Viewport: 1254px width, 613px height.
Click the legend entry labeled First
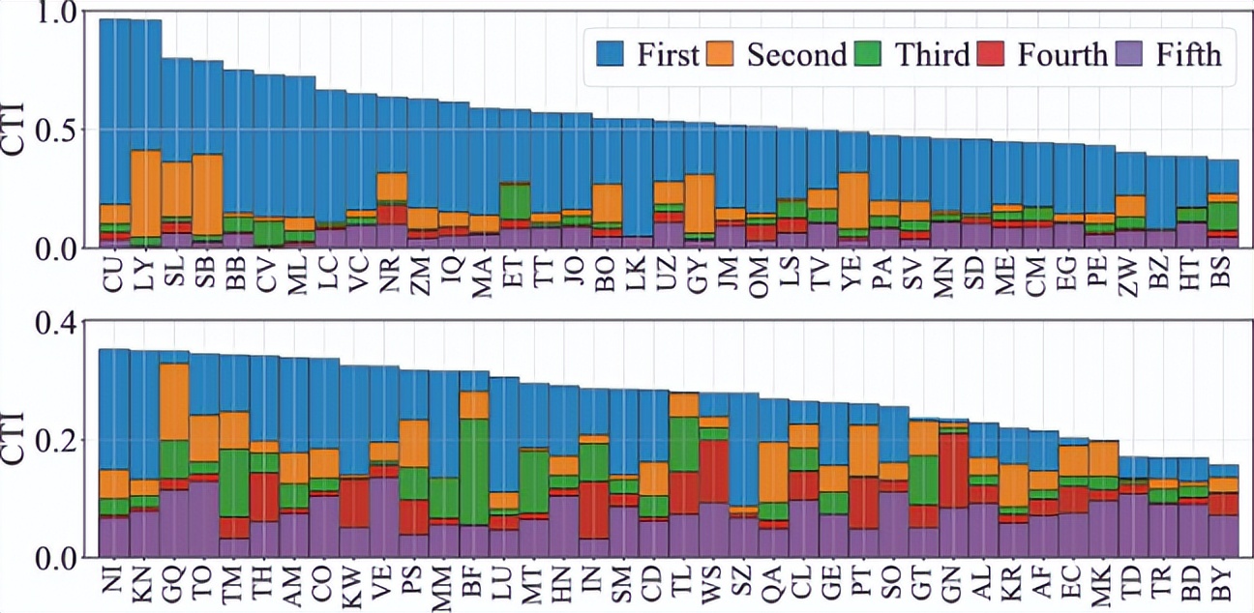tap(667, 55)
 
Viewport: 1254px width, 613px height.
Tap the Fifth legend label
tap(1189, 55)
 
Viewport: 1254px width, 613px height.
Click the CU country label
tap(114, 273)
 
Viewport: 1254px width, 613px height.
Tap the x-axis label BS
tap(1223, 273)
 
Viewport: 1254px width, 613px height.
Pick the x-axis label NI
tap(114, 583)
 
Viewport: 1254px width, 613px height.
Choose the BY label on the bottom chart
tap(1223, 583)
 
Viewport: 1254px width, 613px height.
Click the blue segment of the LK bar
tap(639, 174)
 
